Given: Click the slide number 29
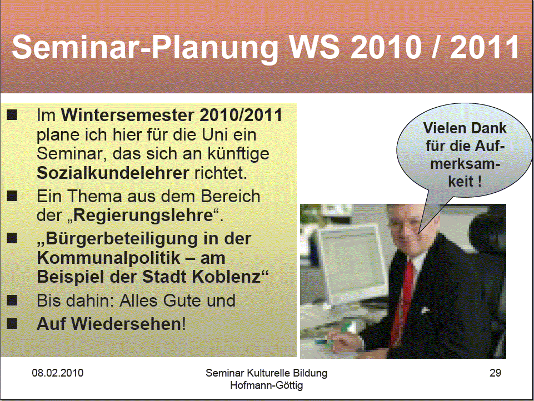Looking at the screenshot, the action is tap(495, 373).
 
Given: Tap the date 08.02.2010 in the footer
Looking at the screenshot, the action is tap(58, 373).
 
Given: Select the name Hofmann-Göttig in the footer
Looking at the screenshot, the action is tap(266, 385).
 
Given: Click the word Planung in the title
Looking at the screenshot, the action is tap(215, 48).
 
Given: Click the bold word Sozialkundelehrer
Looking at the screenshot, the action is tap(113, 173).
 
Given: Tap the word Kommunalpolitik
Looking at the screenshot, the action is tap(108, 258).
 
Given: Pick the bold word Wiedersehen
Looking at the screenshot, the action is tap(126, 323).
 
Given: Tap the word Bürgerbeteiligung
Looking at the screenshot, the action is tap(122, 239).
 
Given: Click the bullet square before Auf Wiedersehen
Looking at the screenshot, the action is tap(12, 323).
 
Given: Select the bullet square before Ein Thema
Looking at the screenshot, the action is tap(12, 196).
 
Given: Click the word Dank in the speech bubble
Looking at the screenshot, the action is tap(490, 128).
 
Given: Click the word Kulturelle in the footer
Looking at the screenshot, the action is tap(267, 373).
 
